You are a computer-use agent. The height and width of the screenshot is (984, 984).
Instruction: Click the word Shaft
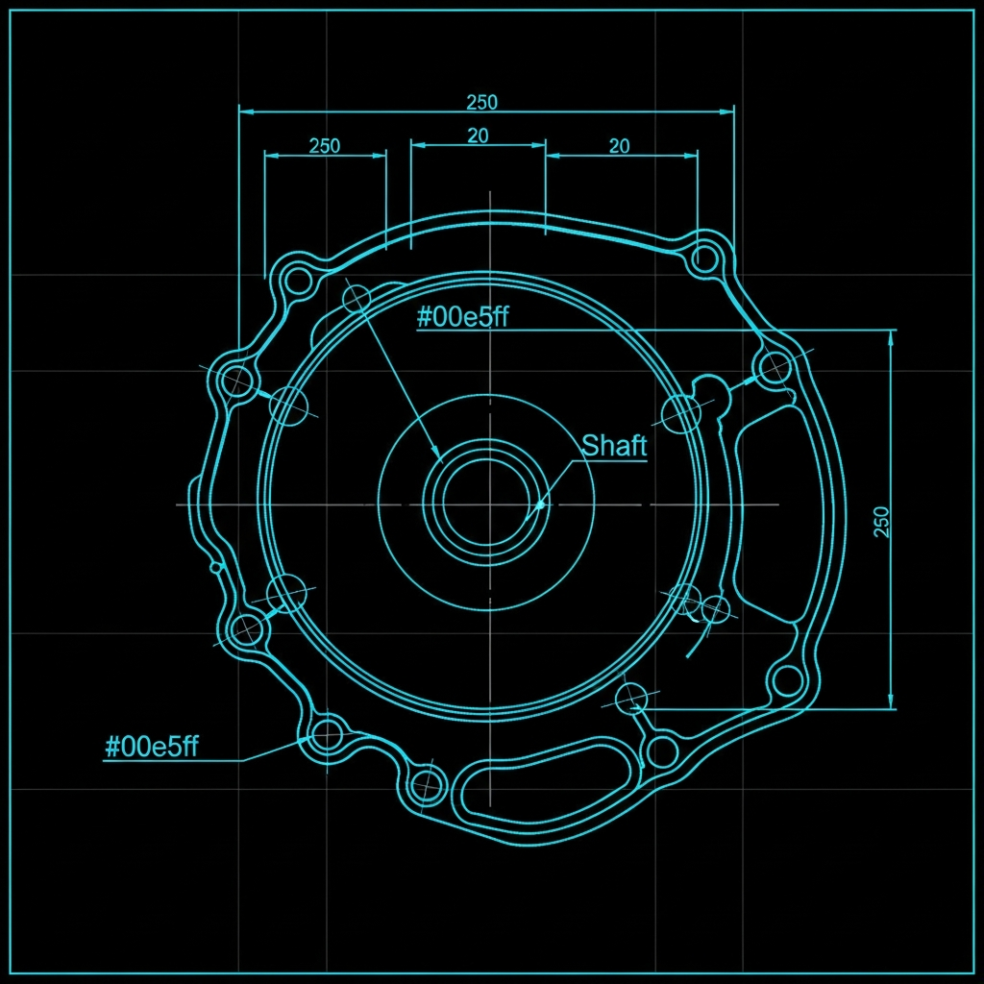coord(614,445)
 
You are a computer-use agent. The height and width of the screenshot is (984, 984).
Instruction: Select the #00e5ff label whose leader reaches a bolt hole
coord(151,747)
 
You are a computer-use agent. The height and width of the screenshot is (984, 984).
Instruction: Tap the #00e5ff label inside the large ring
coord(462,317)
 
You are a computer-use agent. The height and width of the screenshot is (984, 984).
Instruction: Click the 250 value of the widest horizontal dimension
coord(482,102)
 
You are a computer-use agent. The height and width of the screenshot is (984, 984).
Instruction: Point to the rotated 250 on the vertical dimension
coord(882,522)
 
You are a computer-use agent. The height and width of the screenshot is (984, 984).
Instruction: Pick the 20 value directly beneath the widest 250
coord(478,135)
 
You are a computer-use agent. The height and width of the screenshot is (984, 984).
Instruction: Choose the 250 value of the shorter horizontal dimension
coord(325,146)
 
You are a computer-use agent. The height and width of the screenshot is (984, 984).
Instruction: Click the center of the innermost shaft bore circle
coord(489,504)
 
